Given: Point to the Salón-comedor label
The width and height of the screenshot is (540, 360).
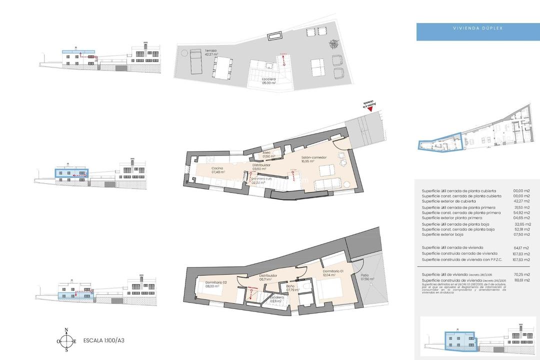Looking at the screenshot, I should tap(313, 159).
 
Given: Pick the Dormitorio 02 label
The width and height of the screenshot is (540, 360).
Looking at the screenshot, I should tap(216, 284).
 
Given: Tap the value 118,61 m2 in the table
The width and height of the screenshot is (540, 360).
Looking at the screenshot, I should tap(522, 280).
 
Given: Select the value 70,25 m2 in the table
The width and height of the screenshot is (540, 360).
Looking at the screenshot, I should tap(522, 274).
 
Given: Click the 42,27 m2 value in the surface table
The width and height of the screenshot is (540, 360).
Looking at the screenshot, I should tap(522, 201).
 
